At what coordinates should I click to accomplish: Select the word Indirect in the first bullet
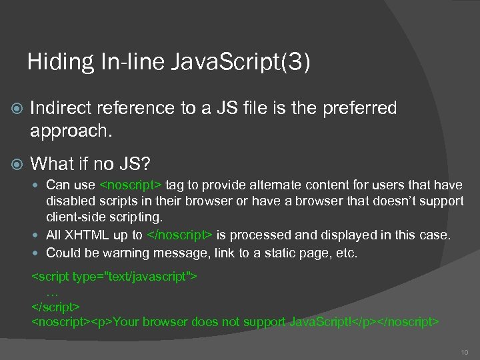[62, 108]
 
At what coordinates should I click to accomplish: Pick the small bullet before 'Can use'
[38, 185]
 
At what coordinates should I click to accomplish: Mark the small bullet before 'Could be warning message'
[38, 253]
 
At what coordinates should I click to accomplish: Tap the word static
[285, 253]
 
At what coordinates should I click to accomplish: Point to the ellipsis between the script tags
[53, 292]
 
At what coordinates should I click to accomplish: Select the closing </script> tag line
[56, 307]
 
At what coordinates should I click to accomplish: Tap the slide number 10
[464, 351]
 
